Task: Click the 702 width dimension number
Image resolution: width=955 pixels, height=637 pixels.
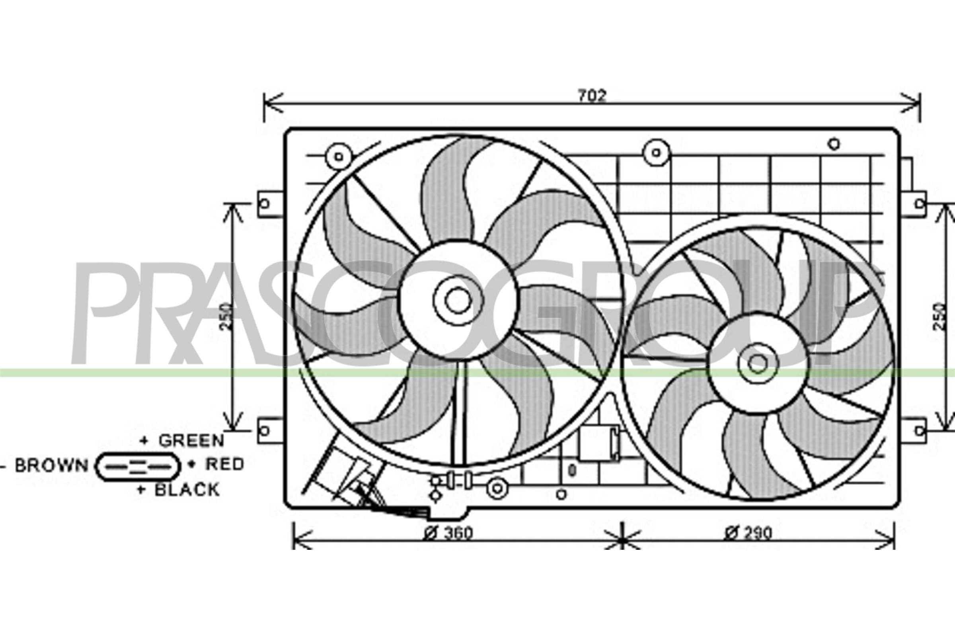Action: point(592,96)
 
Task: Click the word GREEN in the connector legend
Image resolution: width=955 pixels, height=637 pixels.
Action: point(191,440)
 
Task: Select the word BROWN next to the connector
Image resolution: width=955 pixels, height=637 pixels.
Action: point(52,465)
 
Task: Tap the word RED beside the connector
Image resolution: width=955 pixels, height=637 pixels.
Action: point(224,464)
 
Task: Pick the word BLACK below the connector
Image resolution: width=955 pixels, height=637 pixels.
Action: point(187,490)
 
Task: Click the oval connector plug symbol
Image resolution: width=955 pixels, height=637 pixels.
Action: point(138,467)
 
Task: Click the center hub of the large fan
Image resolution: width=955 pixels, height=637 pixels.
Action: point(458,301)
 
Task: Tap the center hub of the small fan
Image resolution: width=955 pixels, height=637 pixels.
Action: point(758,363)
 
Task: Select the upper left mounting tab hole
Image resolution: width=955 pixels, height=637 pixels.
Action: point(264,203)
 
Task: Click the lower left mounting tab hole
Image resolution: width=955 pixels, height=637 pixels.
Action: point(264,431)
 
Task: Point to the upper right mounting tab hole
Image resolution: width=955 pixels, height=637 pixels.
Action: point(918,215)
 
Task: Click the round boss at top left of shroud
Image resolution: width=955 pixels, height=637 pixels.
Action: point(338,157)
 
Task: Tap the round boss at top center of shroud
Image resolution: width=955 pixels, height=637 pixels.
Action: point(656,153)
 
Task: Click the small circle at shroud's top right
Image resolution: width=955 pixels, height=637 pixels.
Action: point(834,143)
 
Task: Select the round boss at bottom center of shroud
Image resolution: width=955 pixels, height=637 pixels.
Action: point(497,489)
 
